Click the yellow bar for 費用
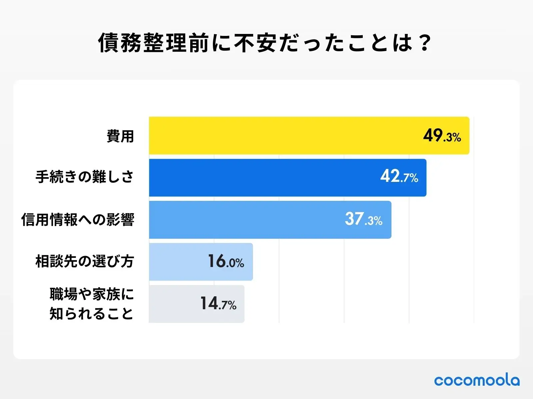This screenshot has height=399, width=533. pyautogui.click(x=283, y=136)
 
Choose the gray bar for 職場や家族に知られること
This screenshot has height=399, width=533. pyautogui.click(x=173, y=304)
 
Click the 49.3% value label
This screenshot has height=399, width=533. pyautogui.click(x=442, y=136)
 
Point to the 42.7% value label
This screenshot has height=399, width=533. pyautogui.click(x=399, y=177)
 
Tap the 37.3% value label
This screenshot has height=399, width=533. pyautogui.click(x=363, y=219)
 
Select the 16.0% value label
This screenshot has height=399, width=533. pyautogui.click(x=226, y=261)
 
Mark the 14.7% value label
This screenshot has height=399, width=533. pyautogui.click(x=218, y=304)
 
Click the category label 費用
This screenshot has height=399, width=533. pyautogui.click(x=120, y=136)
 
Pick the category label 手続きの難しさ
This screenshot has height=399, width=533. pyautogui.click(x=85, y=177)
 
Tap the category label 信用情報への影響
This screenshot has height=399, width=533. pyautogui.click(x=78, y=219)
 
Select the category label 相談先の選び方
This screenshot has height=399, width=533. pyautogui.click(x=85, y=261)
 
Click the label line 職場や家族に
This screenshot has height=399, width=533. pyautogui.click(x=92, y=294)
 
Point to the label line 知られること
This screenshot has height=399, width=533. pyautogui.click(x=92, y=314)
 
